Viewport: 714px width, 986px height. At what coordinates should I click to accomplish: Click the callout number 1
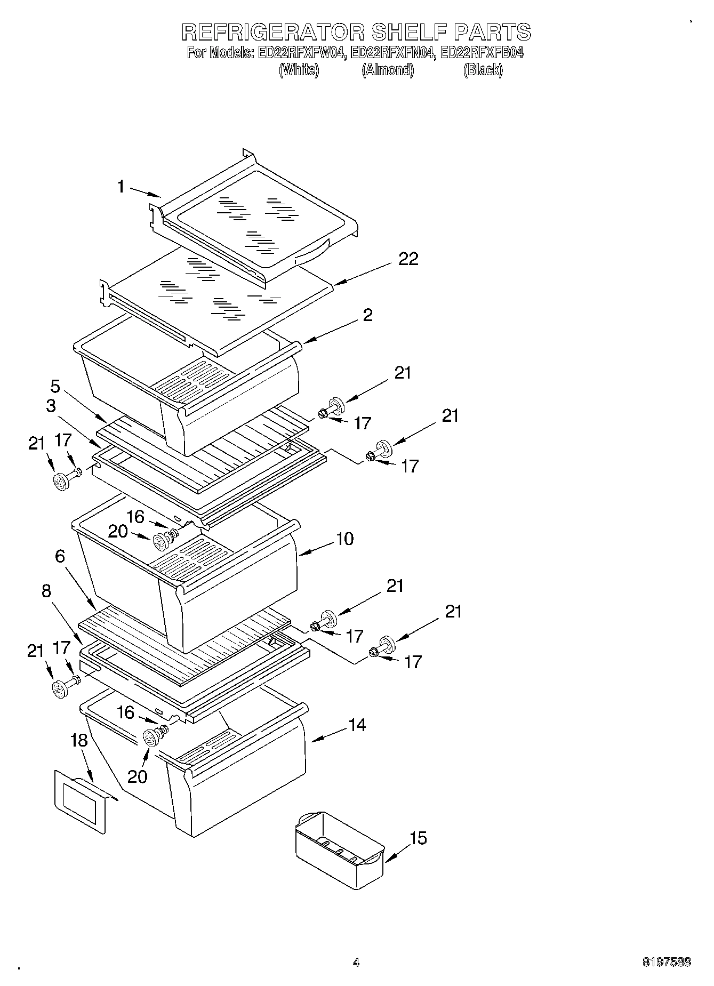[121, 187]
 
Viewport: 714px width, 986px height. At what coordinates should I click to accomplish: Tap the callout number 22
[408, 259]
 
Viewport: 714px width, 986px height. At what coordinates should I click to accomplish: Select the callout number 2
[367, 315]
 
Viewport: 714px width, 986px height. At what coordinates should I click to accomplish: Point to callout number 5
[55, 386]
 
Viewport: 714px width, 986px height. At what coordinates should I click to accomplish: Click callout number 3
[51, 406]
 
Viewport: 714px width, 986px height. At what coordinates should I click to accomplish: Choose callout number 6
[60, 556]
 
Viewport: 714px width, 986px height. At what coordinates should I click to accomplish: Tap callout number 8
[46, 591]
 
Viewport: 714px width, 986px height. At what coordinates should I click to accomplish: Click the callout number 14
[357, 725]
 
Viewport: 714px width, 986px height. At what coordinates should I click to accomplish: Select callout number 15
[419, 838]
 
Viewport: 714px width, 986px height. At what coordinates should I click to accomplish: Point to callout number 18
[78, 740]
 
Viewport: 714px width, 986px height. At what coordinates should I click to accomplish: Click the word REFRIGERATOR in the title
[272, 32]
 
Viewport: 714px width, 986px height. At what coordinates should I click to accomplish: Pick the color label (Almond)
[388, 70]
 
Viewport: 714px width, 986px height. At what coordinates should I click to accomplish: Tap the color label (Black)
[483, 70]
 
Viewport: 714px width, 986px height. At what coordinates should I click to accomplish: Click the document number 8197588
[666, 962]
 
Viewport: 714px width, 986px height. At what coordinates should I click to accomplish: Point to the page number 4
[356, 963]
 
